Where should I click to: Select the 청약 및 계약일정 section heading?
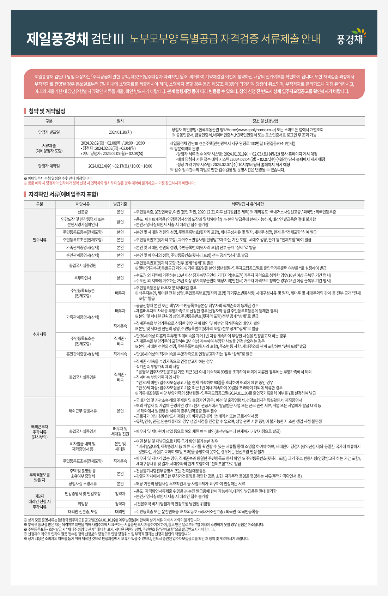pyautogui.click(x=47, y=111)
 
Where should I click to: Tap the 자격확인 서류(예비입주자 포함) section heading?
pyautogui.click(x=63, y=194)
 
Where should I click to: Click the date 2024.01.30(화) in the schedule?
pyautogui.click(x=120, y=132)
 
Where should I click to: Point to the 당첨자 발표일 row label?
pyautogui.click(x=49, y=132)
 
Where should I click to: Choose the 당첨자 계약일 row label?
pyautogui.click(x=49, y=166)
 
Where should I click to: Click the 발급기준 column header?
pyautogui.click(x=120, y=204)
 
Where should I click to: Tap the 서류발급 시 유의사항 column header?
pyautogui.click(x=247, y=204)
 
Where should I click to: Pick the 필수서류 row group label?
pyautogui.click(x=40, y=240)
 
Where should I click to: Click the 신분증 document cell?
pyautogui.click(x=83, y=212)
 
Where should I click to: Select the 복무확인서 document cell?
pyautogui.click(x=83, y=278)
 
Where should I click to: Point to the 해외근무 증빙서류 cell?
pyautogui.click(x=83, y=411)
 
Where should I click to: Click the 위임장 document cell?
pyautogui.click(x=83, y=504)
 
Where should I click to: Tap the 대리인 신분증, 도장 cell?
pyautogui.click(x=83, y=511)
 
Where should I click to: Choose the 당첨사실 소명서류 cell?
pyautogui.click(x=83, y=483)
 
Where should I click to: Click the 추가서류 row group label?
pyautogui.click(x=40, y=334)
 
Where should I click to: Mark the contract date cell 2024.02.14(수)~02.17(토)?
pyautogui.click(x=120, y=166)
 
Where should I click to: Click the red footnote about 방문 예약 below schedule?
pyautogui.click(x=109, y=183)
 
